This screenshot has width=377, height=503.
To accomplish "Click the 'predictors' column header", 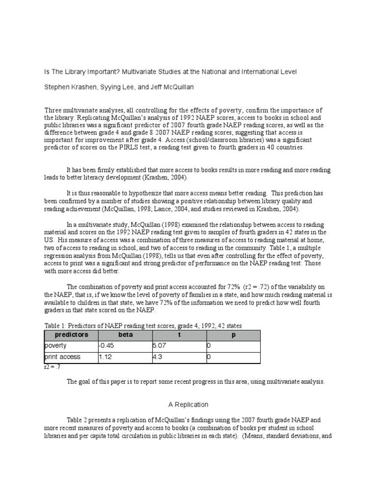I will (72, 335).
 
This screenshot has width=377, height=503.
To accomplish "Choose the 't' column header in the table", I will (180, 335).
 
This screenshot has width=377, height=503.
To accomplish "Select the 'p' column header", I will (234, 335).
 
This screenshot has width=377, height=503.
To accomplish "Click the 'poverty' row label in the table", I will (55, 346).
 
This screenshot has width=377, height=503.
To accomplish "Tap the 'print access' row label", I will (62, 358).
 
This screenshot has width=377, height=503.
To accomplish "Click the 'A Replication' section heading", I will (188, 405).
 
